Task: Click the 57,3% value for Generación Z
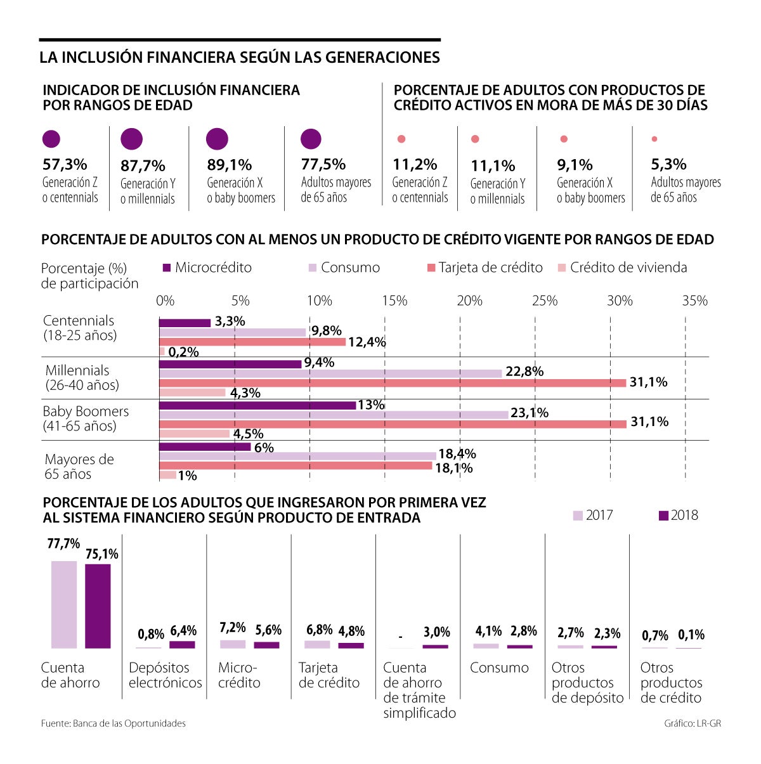tap(65, 165)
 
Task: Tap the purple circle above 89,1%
tap(217, 139)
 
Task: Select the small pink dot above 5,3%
tap(654, 139)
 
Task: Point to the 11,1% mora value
tap(493, 166)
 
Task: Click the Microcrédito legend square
tap(167, 268)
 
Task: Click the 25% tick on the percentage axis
tap(544, 301)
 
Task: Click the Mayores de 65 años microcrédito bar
tap(205, 447)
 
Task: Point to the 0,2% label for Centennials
tap(184, 352)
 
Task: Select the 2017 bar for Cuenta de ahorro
tap(64, 604)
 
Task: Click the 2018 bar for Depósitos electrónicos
tap(183, 645)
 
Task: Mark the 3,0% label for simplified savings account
tap(436, 632)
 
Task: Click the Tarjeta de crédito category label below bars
tap(328, 675)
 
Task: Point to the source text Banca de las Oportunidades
tap(114, 723)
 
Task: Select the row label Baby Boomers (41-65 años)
tap(85, 418)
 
